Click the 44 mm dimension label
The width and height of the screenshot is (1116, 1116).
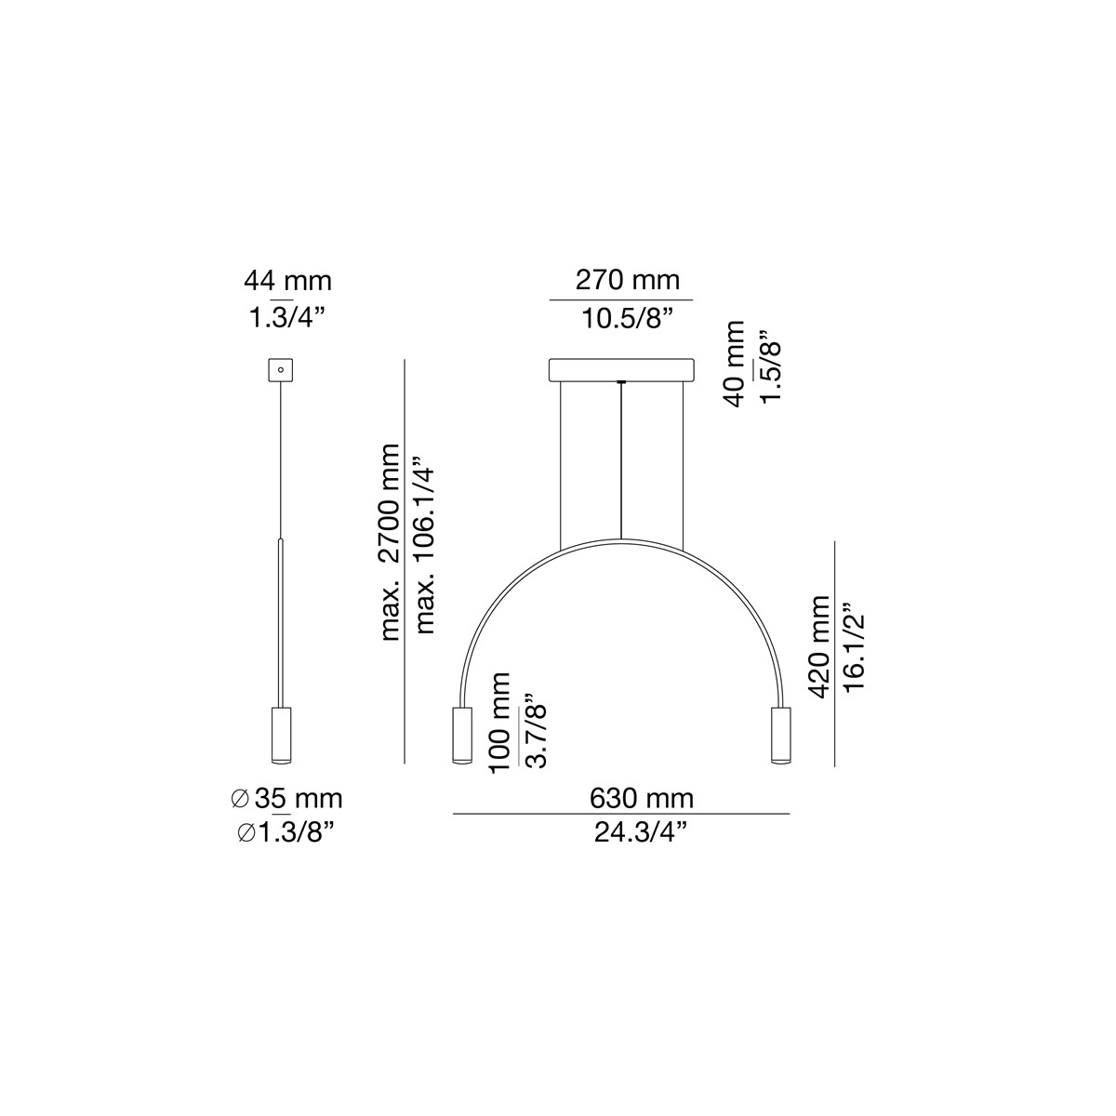(287, 280)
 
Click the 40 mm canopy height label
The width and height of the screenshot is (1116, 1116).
(734, 364)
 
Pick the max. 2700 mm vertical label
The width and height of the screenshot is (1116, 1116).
(391, 542)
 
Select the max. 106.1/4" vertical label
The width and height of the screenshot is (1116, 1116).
(426, 544)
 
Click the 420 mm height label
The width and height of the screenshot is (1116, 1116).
(818, 647)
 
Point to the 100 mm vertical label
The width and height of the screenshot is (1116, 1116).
(498, 721)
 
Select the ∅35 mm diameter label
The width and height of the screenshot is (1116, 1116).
(286, 798)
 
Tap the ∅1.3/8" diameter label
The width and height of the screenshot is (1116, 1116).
(286, 833)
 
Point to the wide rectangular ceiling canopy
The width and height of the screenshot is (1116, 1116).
(621, 369)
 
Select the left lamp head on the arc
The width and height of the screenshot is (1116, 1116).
(461, 735)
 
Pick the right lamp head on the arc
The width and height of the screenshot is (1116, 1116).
(780, 735)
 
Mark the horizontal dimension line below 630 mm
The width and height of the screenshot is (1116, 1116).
(621, 814)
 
